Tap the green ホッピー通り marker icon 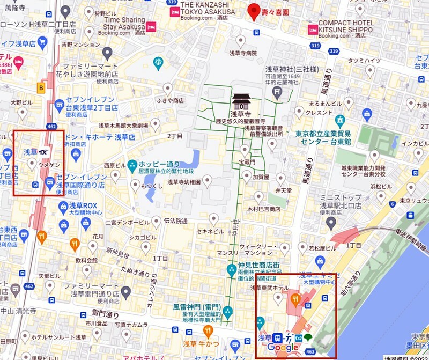[x=132, y=164]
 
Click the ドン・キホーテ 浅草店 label [x=99, y=137]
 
